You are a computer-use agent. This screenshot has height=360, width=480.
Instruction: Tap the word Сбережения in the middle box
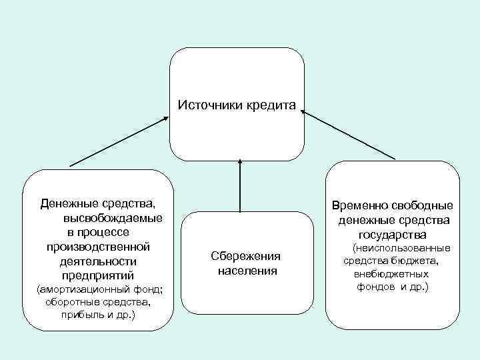pyautogui.click(x=245, y=256)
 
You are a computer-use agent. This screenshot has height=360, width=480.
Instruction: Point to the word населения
pyautogui.click(x=246, y=271)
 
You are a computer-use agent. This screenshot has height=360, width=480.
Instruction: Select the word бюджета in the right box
pyautogui.click(x=414, y=261)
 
